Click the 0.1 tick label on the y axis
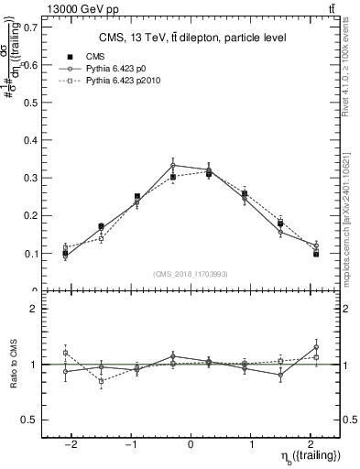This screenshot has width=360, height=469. tap(30, 253)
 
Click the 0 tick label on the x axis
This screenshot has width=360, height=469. tap(191, 444)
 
